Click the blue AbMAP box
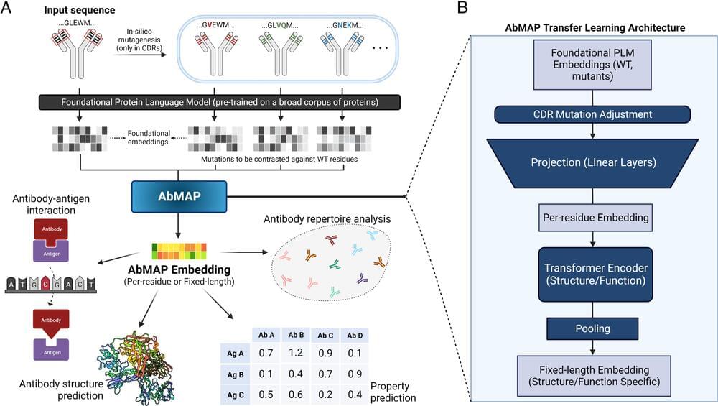coord(179,196)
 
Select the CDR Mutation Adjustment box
coord(592,114)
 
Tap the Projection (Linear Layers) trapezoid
coord(592,162)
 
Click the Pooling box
coord(592,328)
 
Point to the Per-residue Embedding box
coord(592,216)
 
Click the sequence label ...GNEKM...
coord(350,25)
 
